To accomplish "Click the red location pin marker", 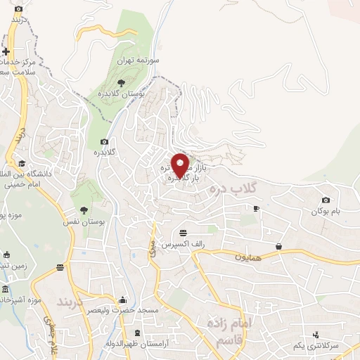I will point(181,165).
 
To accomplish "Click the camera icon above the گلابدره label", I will point(105,142).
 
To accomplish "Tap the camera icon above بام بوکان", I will point(325,200).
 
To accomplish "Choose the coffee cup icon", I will point(256,208).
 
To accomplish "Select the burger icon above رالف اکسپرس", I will point(184,233).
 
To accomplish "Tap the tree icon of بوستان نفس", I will point(84,210).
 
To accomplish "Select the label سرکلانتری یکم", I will point(335,346).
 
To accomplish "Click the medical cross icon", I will point(6,51).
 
